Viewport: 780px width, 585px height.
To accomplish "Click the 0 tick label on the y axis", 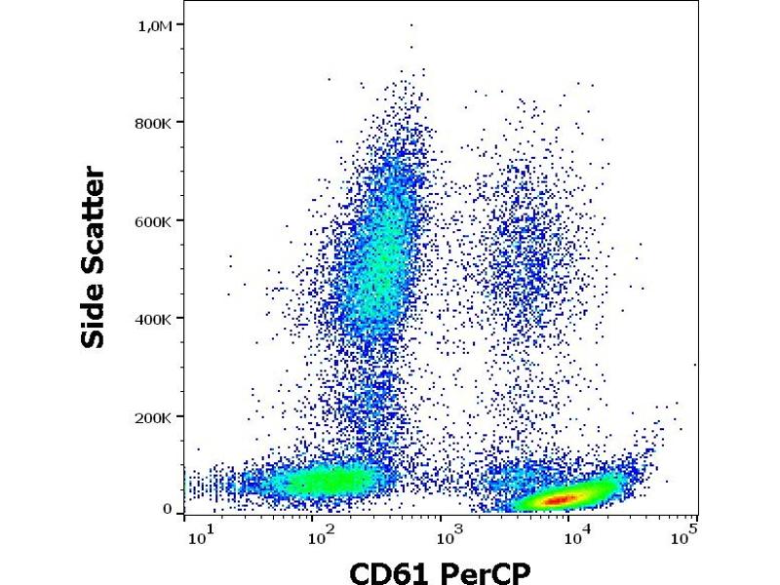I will point(167,509).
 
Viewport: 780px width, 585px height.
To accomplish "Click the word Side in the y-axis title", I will point(94,314).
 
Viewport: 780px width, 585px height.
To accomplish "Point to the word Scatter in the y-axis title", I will point(94,220).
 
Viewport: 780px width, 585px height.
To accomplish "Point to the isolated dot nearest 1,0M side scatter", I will point(411,25).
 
